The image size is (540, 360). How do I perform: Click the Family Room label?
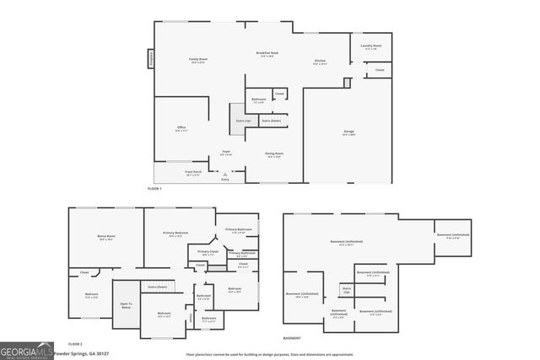198,59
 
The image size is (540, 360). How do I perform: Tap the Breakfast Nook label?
267,55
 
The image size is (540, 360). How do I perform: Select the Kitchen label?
321,62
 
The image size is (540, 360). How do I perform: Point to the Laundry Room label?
371,46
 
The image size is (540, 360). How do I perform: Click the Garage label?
349,132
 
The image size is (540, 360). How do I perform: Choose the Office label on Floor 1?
181,129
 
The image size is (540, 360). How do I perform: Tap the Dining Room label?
273,154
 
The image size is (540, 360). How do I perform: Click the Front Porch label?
193,172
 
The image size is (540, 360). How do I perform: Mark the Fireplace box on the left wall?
151,59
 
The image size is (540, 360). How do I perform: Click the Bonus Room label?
106,238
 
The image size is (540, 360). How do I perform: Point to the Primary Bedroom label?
175,234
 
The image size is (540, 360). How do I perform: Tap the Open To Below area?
126,306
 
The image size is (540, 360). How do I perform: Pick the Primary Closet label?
208,252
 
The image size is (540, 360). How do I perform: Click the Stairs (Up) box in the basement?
346,289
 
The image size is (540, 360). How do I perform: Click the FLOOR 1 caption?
154,188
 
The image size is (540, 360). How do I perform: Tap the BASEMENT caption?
292,338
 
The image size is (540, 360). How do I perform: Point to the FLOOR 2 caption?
76,344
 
